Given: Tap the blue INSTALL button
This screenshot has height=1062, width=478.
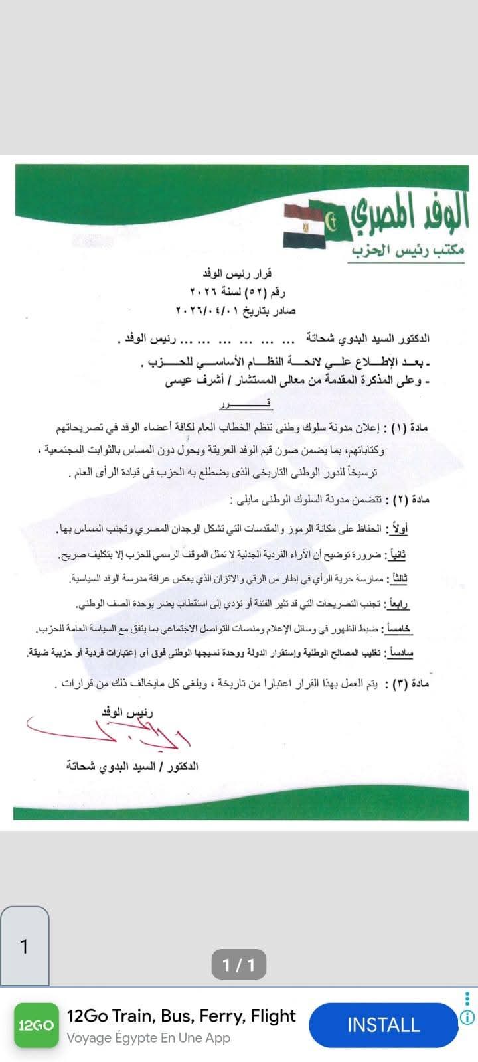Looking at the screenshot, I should click(x=383, y=1024).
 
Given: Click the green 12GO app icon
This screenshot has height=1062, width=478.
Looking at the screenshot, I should click(x=37, y=1025).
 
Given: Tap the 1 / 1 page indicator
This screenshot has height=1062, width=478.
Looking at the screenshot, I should click(x=239, y=965).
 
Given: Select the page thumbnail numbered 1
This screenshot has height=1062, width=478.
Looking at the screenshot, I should click(x=25, y=947).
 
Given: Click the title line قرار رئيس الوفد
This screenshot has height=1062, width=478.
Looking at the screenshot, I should click(x=237, y=274).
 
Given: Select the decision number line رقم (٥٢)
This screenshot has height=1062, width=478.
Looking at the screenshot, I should click(x=237, y=292).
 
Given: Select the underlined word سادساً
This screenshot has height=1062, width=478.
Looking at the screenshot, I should click(x=398, y=653).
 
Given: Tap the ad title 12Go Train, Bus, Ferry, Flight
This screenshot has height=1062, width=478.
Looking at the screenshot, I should click(x=181, y=1016).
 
